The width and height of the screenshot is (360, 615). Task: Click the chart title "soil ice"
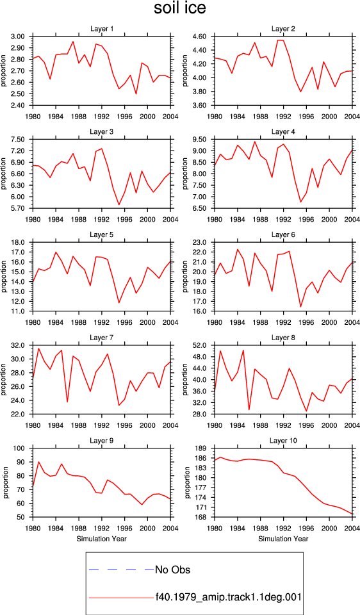tap(179, 8)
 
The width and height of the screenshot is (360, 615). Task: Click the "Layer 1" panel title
tap(102, 29)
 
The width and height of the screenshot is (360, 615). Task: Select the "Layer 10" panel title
tap(283, 441)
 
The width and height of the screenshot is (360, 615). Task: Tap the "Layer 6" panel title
tap(283, 234)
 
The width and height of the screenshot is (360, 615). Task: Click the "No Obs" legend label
tap(172, 570)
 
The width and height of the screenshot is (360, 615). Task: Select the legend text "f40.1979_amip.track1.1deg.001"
tap(229, 597)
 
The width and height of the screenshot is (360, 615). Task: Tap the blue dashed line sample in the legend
tap(122, 569)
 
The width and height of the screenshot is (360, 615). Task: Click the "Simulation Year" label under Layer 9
tap(102, 539)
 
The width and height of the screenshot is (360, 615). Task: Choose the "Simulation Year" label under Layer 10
tap(283, 539)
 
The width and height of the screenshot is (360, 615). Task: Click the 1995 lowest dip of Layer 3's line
tap(119, 205)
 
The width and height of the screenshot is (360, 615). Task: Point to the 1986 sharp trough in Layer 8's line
tap(249, 410)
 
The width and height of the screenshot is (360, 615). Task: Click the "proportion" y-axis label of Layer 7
tap(4, 379)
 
